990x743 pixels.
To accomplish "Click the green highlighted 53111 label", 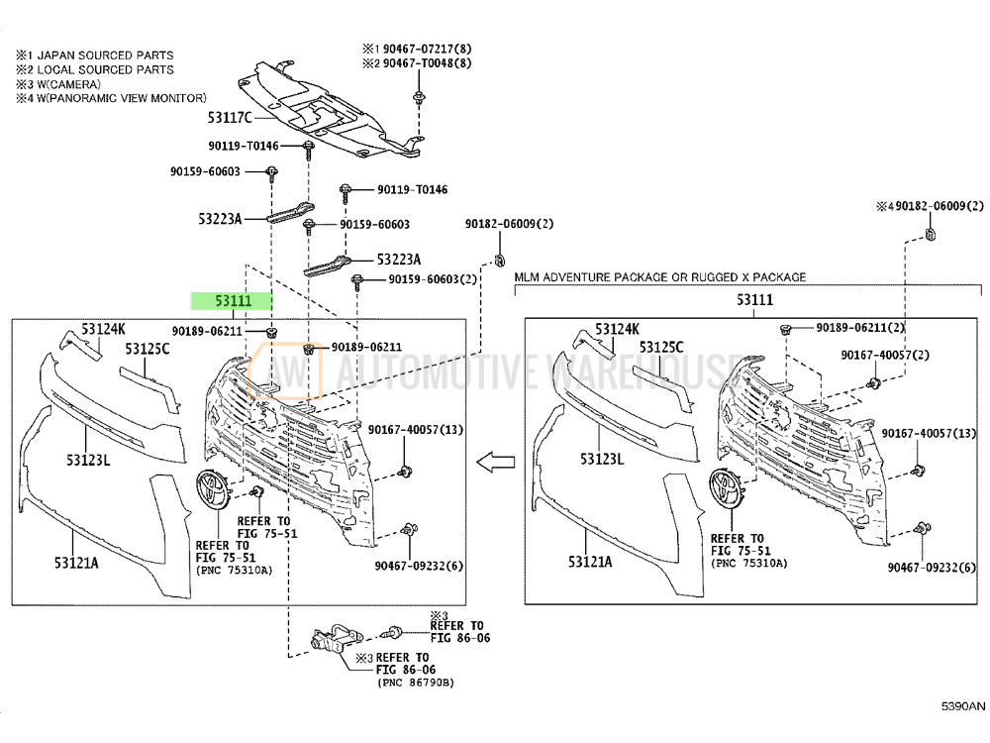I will point(231,301).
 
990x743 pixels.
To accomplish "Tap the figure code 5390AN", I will point(962,706).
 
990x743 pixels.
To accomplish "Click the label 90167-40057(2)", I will point(885,355).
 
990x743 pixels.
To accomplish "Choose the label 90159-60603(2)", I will point(434,279).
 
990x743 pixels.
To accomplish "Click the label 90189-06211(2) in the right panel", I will point(860,327).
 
